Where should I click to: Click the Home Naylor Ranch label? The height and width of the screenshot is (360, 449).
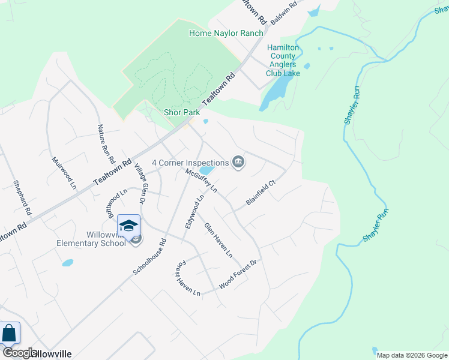(226, 33)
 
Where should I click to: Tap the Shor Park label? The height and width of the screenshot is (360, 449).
(181, 112)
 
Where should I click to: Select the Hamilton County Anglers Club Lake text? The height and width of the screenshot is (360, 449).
(283, 60)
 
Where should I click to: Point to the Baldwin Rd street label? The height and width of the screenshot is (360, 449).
(284, 13)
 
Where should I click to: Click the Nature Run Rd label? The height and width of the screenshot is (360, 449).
(106, 144)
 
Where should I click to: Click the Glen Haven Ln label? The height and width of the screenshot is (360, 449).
(218, 240)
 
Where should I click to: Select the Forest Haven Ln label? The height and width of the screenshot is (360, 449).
(187, 277)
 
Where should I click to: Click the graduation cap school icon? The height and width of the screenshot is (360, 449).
(128, 226)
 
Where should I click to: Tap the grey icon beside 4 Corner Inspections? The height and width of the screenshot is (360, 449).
(238, 163)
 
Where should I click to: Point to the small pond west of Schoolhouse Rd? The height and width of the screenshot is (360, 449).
(67, 263)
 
